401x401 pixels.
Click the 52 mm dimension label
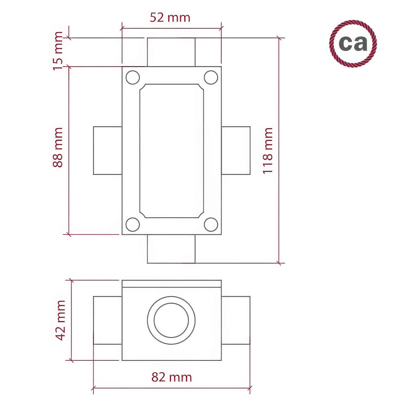pyautogui.click(x=170, y=18)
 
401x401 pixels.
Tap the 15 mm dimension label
pyautogui.click(x=58, y=51)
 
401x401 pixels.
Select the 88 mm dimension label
pyautogui.click(x=58, y=148)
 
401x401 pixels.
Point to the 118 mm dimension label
pyautogui.click(x=267, y=151)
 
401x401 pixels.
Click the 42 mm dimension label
pyautogui.click(x=60, y=320)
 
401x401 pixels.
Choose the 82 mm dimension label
pyautogui.click(x=172, y=377)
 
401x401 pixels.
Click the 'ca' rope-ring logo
pyautogui.click(x=353, y=43)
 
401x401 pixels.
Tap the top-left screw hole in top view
pyautogui.click(x=133, y=78)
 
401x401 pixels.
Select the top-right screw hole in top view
pyautogui.click(x=211, y=78)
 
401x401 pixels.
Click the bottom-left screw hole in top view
pyautogui.click(x=133, y=224)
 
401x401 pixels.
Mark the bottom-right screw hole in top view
pyautogui.click(x=211, y=224)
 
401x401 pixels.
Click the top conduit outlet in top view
pyautogui.click(x=171, y=52)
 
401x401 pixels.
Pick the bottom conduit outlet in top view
pyautogui.click(x=171, y=249)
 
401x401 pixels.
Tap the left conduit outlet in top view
pyautogui.click(x=107, y=151)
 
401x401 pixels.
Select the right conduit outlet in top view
pyautogui.click(x=236, y=151)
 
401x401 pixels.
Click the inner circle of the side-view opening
pyautogui.click(x=171, y=320)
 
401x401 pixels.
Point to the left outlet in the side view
pyautogui.click(x=107, y=320)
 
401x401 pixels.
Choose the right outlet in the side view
pyautogui.click(x=236, y=320)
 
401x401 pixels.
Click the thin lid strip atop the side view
pyautogui.click(x=172, y=284)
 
